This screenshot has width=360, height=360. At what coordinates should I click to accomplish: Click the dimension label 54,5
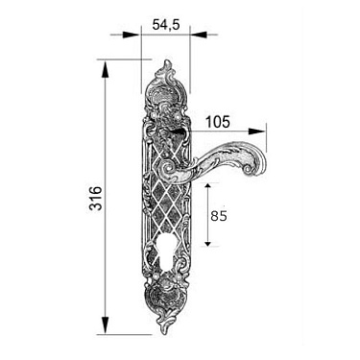165,24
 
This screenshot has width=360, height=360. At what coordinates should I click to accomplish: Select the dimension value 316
95,198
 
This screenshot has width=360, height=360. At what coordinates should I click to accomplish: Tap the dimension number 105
218,122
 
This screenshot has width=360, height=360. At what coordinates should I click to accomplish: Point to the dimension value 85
219,216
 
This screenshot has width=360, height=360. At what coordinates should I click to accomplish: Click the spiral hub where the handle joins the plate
168,169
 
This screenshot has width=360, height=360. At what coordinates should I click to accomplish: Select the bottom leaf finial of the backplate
164,325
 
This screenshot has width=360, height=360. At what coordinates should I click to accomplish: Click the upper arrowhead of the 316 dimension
105,69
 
